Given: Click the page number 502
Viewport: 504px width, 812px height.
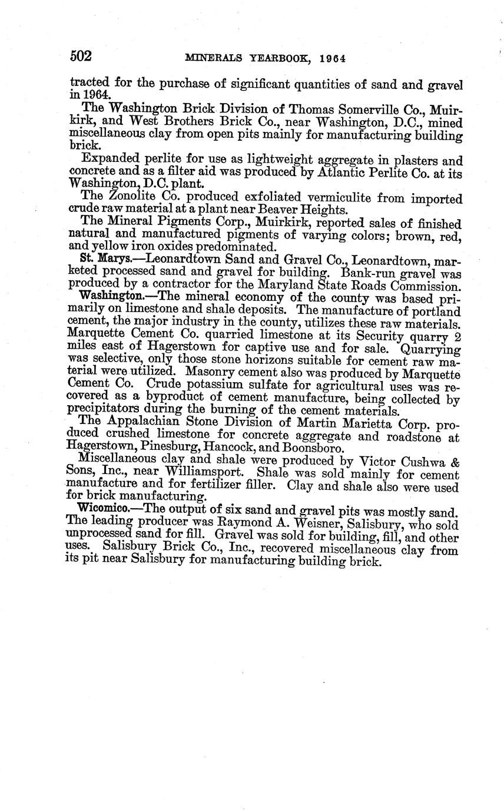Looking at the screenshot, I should (81, 57).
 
